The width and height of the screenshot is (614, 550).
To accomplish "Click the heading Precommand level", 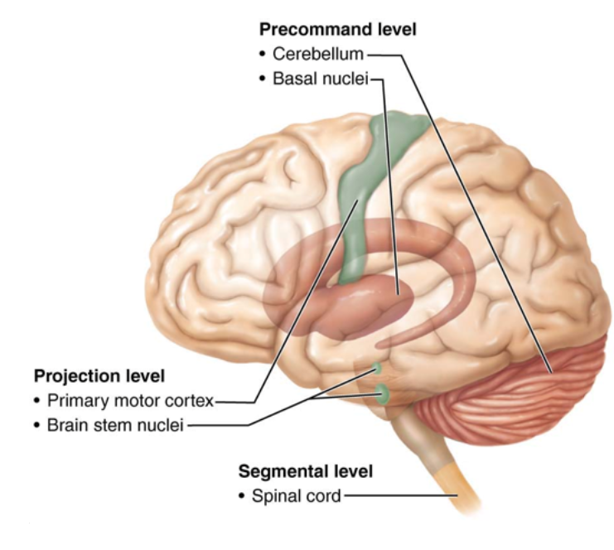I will tap(337, 30).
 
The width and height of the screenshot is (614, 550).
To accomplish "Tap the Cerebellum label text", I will tap(319, 55).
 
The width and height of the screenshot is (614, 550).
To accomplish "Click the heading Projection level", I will tap(99, 376).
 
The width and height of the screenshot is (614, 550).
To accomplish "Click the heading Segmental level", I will tap(305, 471).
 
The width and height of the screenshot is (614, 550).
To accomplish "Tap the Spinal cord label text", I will tap(296, 497).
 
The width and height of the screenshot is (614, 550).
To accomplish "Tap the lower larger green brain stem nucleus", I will tap(383, 394).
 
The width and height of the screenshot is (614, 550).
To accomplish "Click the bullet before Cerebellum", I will tap(262, 55).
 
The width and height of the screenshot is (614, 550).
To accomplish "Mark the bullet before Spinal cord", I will tap(241, 497).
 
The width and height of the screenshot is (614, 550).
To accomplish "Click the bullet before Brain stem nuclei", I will tap(36, 426).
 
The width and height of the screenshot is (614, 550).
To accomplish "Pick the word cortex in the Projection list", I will tap(192, 401).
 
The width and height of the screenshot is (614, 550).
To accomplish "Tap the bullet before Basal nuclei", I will tap(262, 80).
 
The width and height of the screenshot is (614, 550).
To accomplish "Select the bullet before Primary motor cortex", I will tap(36, 401).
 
